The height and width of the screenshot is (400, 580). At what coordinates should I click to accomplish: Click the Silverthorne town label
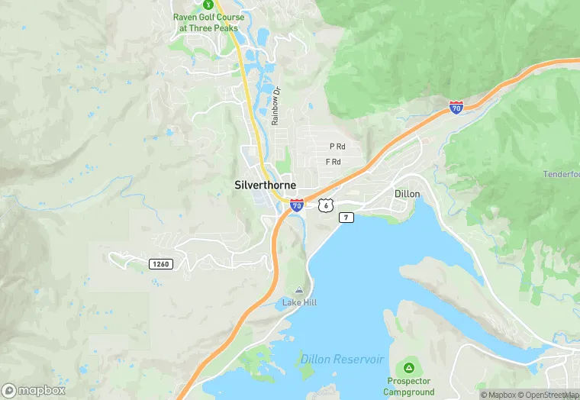coord(265,185)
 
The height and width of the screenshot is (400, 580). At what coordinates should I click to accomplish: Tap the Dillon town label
coord(407,194)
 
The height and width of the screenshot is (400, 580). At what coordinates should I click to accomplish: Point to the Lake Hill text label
coord(299,303)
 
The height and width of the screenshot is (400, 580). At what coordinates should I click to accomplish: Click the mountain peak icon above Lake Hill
coord(298,290)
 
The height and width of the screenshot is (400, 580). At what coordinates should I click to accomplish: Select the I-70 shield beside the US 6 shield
coord(296,205)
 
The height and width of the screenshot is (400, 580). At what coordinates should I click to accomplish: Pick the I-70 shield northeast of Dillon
coord(456,108)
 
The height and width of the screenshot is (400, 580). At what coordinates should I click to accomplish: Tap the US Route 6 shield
coord(326,205)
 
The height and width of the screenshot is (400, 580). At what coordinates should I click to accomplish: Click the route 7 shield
coord(346,218)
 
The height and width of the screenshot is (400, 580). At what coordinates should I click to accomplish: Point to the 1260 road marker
coord(160,264)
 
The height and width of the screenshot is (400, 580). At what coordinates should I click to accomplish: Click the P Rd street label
coord(337,147)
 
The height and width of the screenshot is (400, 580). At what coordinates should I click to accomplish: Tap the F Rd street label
coord(333,162)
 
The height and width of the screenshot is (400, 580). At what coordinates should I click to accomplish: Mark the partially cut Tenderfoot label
coord(561,174)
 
